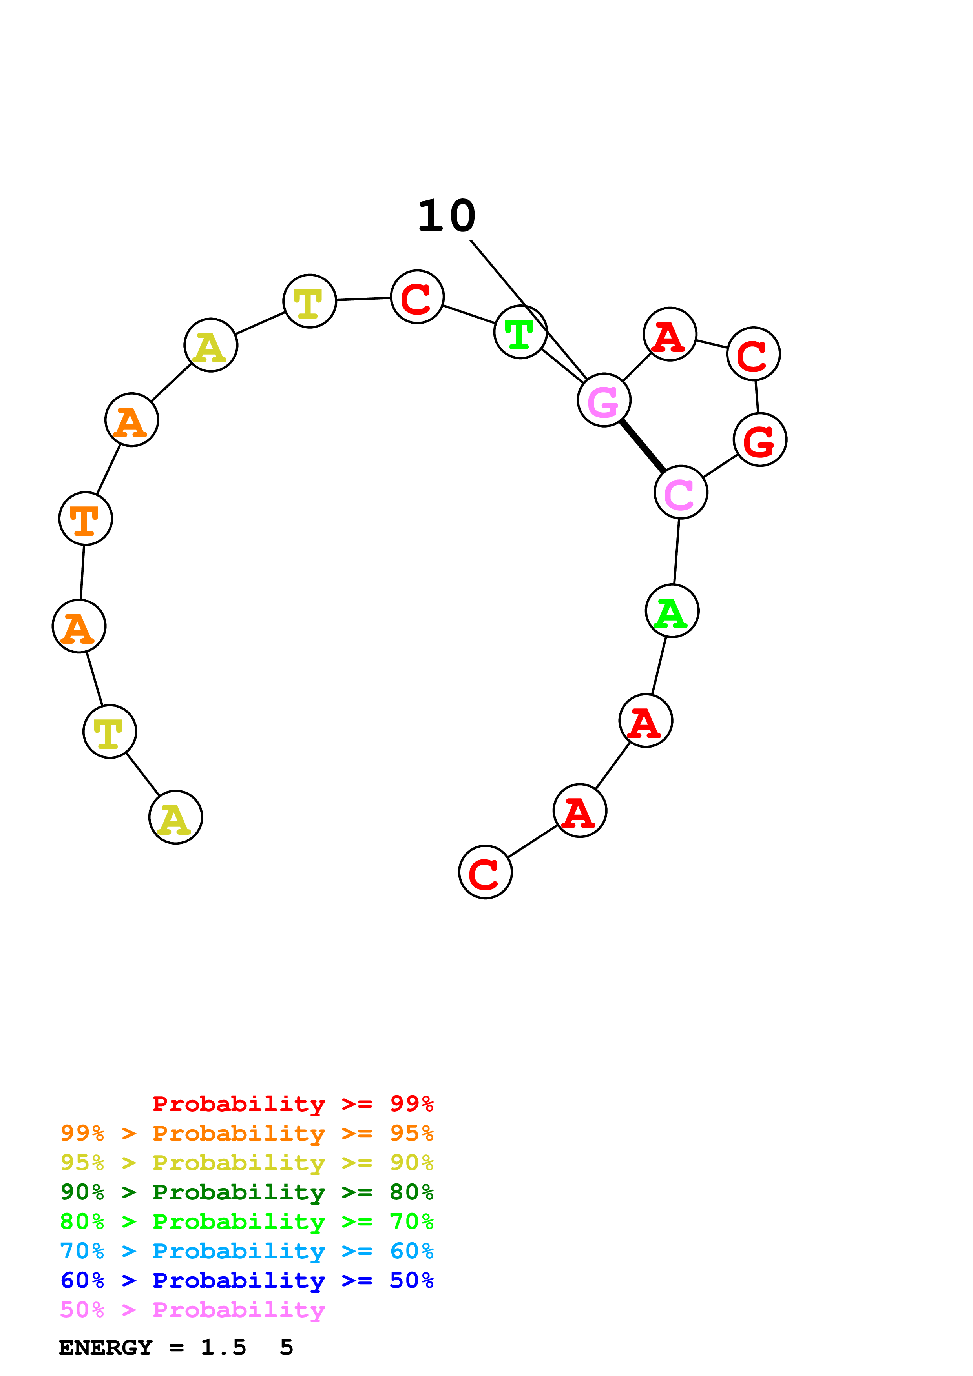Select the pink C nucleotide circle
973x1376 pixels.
[x=681, y=492]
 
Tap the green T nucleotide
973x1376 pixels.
[x=520, y=332]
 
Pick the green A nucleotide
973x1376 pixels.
[x=672, y=611]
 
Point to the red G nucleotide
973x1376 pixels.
[x=759, y=439]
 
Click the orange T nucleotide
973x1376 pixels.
[x=86, y=519]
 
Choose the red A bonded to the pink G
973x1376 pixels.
[x=670, y=335]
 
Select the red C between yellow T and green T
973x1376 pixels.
[x=417, y=297]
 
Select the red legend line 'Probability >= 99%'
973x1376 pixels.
[x=292, y=1104]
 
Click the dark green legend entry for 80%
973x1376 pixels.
[x=246, y=1192]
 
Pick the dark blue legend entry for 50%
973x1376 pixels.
[x=246, y=1280]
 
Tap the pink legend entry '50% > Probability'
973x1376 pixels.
[x=192, y=1309]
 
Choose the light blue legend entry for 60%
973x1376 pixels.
[x=246, y=1251]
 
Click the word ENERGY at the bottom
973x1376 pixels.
[x=106, y=1347]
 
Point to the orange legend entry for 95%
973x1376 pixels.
[x=246, y=1133]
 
